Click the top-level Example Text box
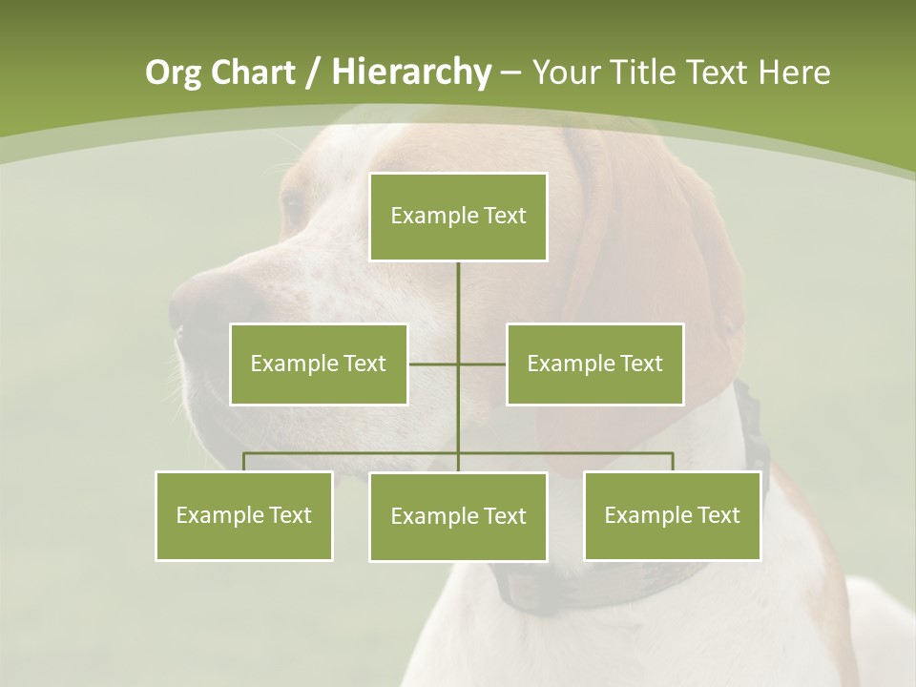tap(458, 217)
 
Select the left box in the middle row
tap(319, 364)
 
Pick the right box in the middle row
tap(594, 364)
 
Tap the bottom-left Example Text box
tap(244, 515)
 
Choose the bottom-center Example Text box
tap(458, 516)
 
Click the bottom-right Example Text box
tap(672, 515)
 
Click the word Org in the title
tap(173, 73)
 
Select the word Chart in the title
tap(253, 73)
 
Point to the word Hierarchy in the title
tap(410, 73)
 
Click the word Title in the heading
tap(644, 73)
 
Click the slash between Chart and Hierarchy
tap(314, 73)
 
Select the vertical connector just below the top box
tap(458, 286)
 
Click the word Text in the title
tap(716, 73)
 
